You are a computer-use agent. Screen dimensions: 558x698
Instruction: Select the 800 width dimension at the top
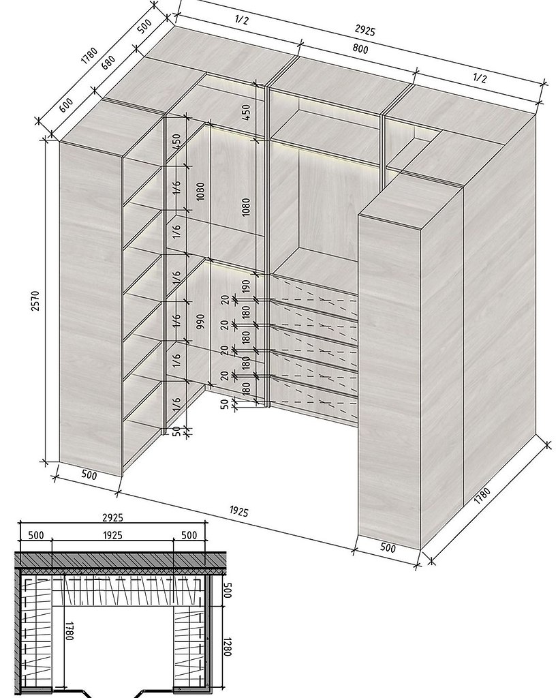(360, 48)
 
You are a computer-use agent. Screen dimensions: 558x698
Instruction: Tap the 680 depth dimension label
(108, 62)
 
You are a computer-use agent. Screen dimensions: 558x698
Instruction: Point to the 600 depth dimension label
(66, 105)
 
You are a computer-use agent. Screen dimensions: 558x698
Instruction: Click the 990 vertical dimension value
(200, 322)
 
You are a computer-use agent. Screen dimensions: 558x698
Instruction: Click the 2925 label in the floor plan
(112, 517)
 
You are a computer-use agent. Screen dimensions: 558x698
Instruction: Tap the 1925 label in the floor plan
(112, 534)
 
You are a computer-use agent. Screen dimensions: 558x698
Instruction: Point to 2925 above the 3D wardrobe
(365, 30)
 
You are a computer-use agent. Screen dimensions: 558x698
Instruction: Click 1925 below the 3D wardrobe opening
(238, 511)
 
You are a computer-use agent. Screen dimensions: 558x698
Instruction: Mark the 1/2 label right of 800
(479, 78)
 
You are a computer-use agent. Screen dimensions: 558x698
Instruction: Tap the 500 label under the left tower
(89, 475)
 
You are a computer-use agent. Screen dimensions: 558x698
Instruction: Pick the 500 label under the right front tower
(388, 547)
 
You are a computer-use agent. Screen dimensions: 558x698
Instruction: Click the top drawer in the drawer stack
(314, 290)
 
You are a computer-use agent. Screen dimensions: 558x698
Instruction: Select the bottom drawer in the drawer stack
(314, 391)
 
